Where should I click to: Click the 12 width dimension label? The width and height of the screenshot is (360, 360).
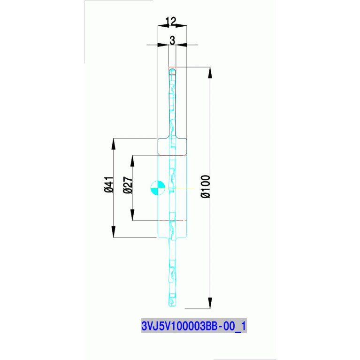[x=170, y=21]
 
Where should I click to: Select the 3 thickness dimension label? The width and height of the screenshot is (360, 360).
[x=172, y=41]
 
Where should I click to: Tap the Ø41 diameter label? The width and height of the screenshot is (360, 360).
[x=109, y=184]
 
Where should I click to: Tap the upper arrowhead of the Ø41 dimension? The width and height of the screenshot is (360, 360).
[x=114, y=142]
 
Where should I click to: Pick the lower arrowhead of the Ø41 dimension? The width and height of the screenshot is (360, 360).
[x=114, y=233]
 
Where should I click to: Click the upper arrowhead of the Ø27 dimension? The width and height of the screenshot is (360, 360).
[x=133, y=159]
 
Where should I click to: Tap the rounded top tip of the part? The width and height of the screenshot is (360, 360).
[x=173, y=69]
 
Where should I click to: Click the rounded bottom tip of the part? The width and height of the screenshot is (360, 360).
[x=173, y=306]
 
